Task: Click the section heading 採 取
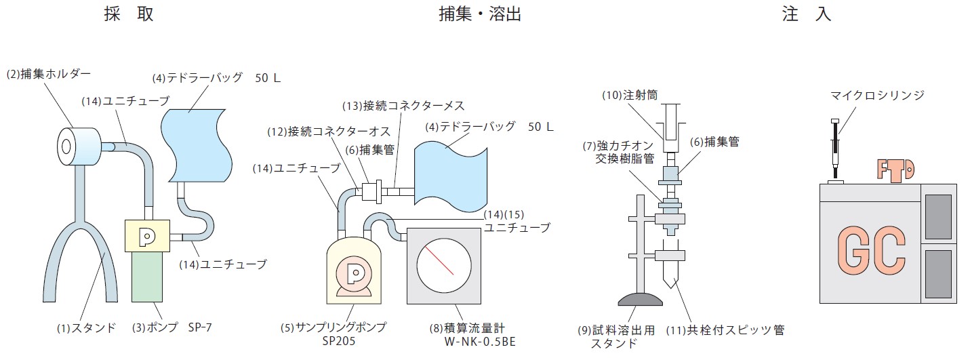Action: pyautogui.click(x=129, y=14)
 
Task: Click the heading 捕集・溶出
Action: pyautogui.click(x=479, y=14)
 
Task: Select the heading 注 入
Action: pyautogui.click(x=806, y=14)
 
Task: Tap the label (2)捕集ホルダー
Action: pyautogui.click(x=48, y=74)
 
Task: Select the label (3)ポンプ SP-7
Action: pyautogui.click(x=171, y=328)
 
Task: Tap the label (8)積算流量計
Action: pyautogui.click(x=462, y=327)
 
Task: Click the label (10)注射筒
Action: pyautogui.click(x=630, y=96)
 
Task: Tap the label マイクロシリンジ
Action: pyautogui.click(x=877, y=96)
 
